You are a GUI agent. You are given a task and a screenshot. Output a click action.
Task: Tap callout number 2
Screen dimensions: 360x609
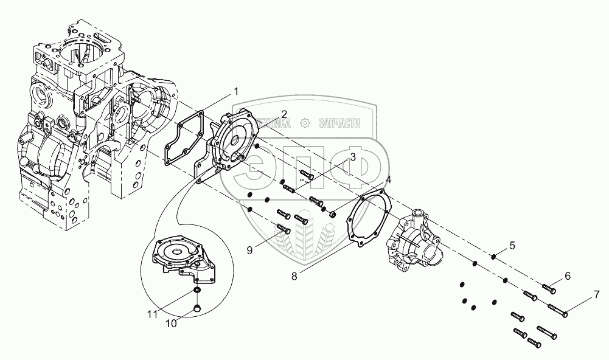(284, 114)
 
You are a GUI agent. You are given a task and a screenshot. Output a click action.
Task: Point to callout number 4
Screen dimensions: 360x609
(388, 180)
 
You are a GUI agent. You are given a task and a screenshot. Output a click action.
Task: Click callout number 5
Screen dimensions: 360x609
(512, 245)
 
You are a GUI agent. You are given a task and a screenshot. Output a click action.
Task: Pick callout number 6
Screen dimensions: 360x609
(567, 275)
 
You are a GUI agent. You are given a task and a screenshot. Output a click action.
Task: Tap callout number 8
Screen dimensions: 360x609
(294, 275)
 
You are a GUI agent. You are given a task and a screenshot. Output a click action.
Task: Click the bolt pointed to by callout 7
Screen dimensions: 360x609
(558, 310)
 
